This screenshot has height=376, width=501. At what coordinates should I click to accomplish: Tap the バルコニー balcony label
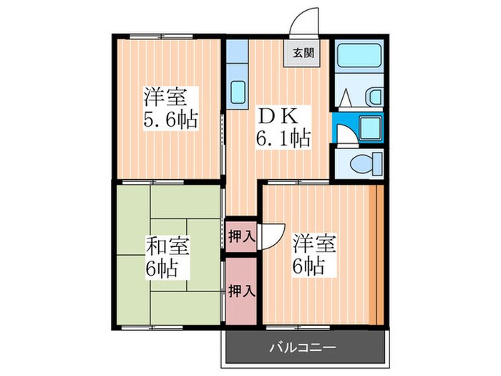303,347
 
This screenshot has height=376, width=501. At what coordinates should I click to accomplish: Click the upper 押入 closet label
240,235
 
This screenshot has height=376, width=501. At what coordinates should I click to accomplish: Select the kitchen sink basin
238,91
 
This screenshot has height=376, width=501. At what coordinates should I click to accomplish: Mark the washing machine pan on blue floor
371,127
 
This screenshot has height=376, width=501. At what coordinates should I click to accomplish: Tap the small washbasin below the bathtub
374,96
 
